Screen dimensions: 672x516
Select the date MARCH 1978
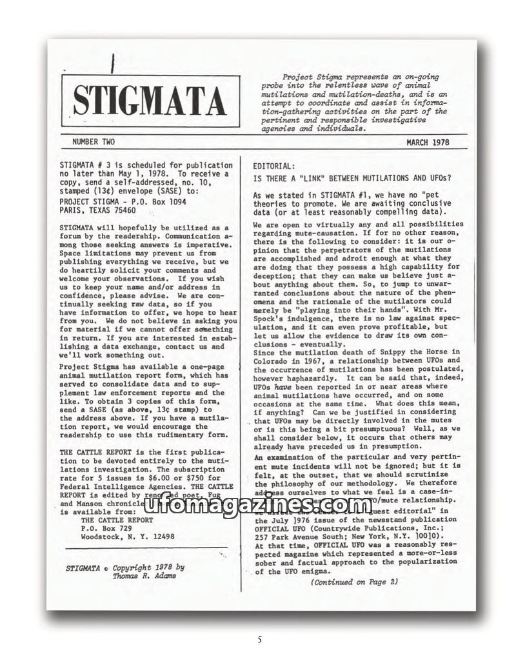click(428, 143)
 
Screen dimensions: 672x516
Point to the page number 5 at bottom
click(259, 640)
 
